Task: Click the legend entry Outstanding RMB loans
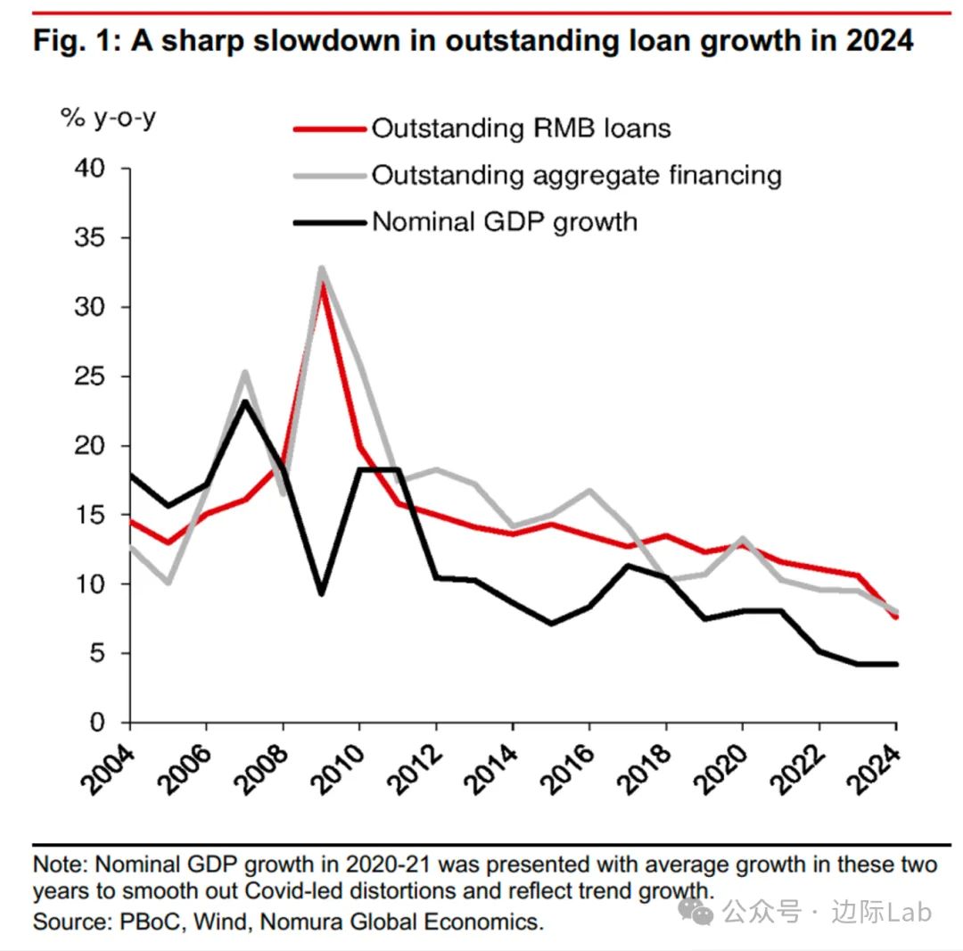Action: pos(521,128)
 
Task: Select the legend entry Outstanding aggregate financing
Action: pos(576,175)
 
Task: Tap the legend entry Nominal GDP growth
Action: pos(505,221)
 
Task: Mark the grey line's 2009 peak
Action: pos(321,268)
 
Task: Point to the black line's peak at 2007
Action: pos(245,401)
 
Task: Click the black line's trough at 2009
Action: pos(321,594)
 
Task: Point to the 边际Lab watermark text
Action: pos(882,912)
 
